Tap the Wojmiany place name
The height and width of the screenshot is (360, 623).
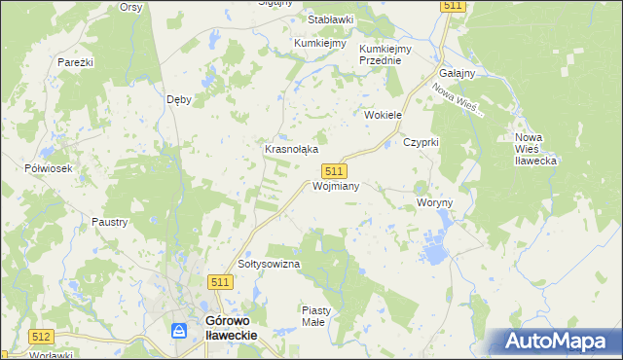[x=337, y=186]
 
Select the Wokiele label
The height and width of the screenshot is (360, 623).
[x=384, y=115]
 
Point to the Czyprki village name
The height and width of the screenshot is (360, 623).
[x=422, y=142]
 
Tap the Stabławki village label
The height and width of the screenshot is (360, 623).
[x=330, y=19]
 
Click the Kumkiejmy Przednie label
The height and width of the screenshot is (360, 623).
[x=386, y=54]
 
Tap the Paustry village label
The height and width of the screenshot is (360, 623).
[x=110, y=222]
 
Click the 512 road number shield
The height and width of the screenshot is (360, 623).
[x=40, y=337]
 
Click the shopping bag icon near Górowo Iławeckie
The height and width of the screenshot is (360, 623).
[x=179, y=331]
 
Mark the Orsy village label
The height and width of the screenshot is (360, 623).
[x=130, y=7]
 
